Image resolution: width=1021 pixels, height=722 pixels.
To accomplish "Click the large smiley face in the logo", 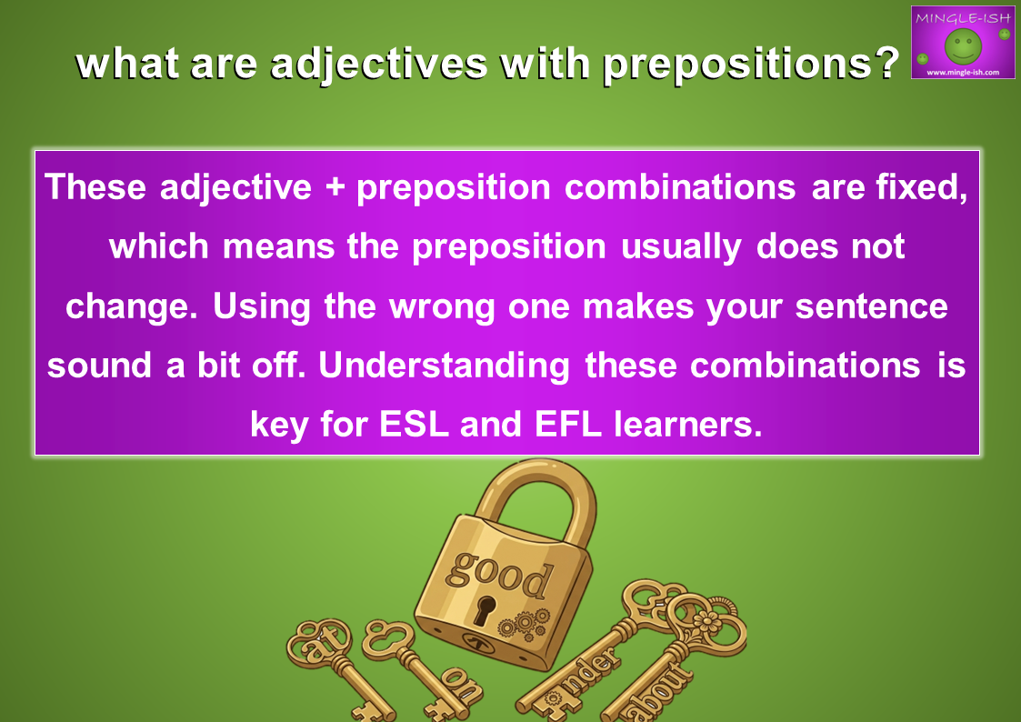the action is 963,45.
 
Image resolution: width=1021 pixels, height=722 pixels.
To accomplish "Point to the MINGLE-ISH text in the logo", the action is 963,18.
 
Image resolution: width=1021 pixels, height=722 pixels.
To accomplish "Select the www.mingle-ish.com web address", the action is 963,72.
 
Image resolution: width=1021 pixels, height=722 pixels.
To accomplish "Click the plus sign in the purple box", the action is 335,187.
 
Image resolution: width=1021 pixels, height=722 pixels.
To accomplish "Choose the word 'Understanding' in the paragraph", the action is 444,366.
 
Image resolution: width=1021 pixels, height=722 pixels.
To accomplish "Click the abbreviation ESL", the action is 414,425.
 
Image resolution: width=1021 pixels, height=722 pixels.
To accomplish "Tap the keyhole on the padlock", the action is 484,609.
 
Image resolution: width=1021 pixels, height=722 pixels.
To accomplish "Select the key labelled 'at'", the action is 335,664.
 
